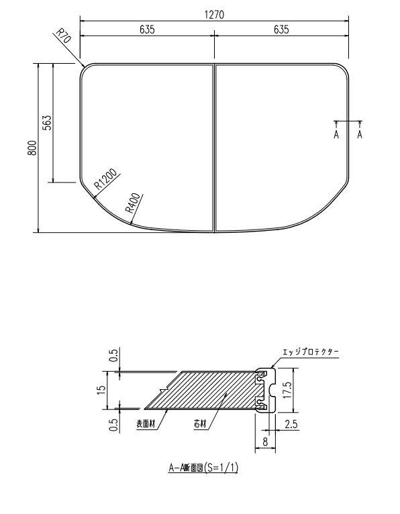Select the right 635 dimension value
281,29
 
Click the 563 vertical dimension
48,123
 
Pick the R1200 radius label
106,178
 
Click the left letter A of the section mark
336,134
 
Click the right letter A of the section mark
360,134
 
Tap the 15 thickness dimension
101,389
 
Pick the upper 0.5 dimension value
113,355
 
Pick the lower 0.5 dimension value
113,424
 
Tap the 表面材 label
146,423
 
